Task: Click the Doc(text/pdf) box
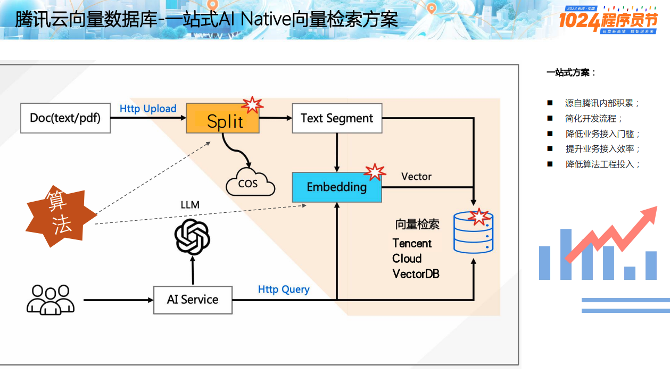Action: coord(65,118)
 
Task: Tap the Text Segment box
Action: coord(337,118)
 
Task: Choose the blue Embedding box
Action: coord(337,187)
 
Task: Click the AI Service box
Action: coord(193,300)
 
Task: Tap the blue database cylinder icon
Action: coord(473,233)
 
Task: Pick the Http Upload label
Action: coord(148,109)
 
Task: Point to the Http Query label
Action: coord(284,289)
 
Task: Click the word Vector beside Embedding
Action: coord(416,177)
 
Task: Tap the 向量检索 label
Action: coord(417,225)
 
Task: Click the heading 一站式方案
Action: coord(571,73)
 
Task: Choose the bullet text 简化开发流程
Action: coord(594,119)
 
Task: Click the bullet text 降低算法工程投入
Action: coord(602,164)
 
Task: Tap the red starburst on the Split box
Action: coord(252,104)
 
